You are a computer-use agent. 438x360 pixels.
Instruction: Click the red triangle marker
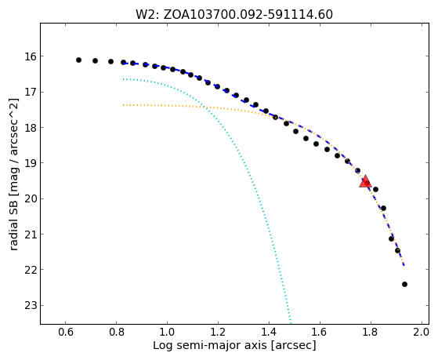pyautogui.click(x=365, y=181)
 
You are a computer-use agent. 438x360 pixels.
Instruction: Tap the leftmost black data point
pyautogui.click(x=79, y=60)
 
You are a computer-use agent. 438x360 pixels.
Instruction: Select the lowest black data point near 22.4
pyautogui.click(x=404, y=284)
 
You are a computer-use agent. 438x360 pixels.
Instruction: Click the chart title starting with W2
pyautogui.click(x=234, y=15)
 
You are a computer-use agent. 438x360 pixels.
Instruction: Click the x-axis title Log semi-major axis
pyautogui.click(x=234, y=346)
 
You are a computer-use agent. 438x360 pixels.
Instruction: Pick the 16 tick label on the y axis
pyautogui.click(x=31, y=56)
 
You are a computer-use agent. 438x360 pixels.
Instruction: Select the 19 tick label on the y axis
pyautogui.click(x=31, y=163)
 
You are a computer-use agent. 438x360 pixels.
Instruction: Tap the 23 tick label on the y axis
pyautogui.click(x=31, y=305)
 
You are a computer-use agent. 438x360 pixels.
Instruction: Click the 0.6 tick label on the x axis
pyautogui.click(x=65, y=332)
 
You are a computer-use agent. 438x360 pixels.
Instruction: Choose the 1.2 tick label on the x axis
pyautogui.click(x=218, y=332)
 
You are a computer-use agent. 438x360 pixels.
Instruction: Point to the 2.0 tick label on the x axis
pyautogui.click(x=421, y=332)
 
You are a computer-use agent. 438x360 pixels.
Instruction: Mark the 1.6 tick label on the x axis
pyautogui.click(x=320, y=332)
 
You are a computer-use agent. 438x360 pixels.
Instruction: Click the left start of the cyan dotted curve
pyautogui.click(x=124, y=79)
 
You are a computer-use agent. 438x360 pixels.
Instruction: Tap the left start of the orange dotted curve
pyautogui.click(x=124, y=105)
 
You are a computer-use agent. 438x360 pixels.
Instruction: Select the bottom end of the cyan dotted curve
pyautogui.click(x=291, y=323)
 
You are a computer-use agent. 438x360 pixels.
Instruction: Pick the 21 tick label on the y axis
pyautogui.click(x=31, y=235)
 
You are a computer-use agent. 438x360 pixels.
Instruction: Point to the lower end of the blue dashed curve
pyautogui.click(x=404, y=264)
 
